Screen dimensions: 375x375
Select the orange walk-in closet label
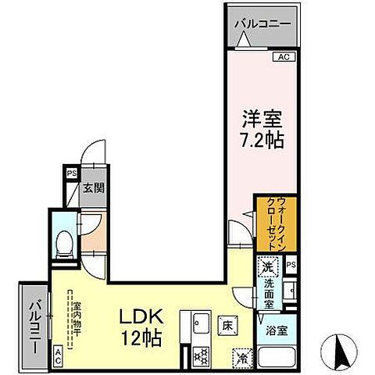(x=273, y=223)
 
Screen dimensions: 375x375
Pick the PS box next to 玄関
(x=71, y=174)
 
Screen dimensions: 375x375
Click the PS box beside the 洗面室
(x=291, y=266)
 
